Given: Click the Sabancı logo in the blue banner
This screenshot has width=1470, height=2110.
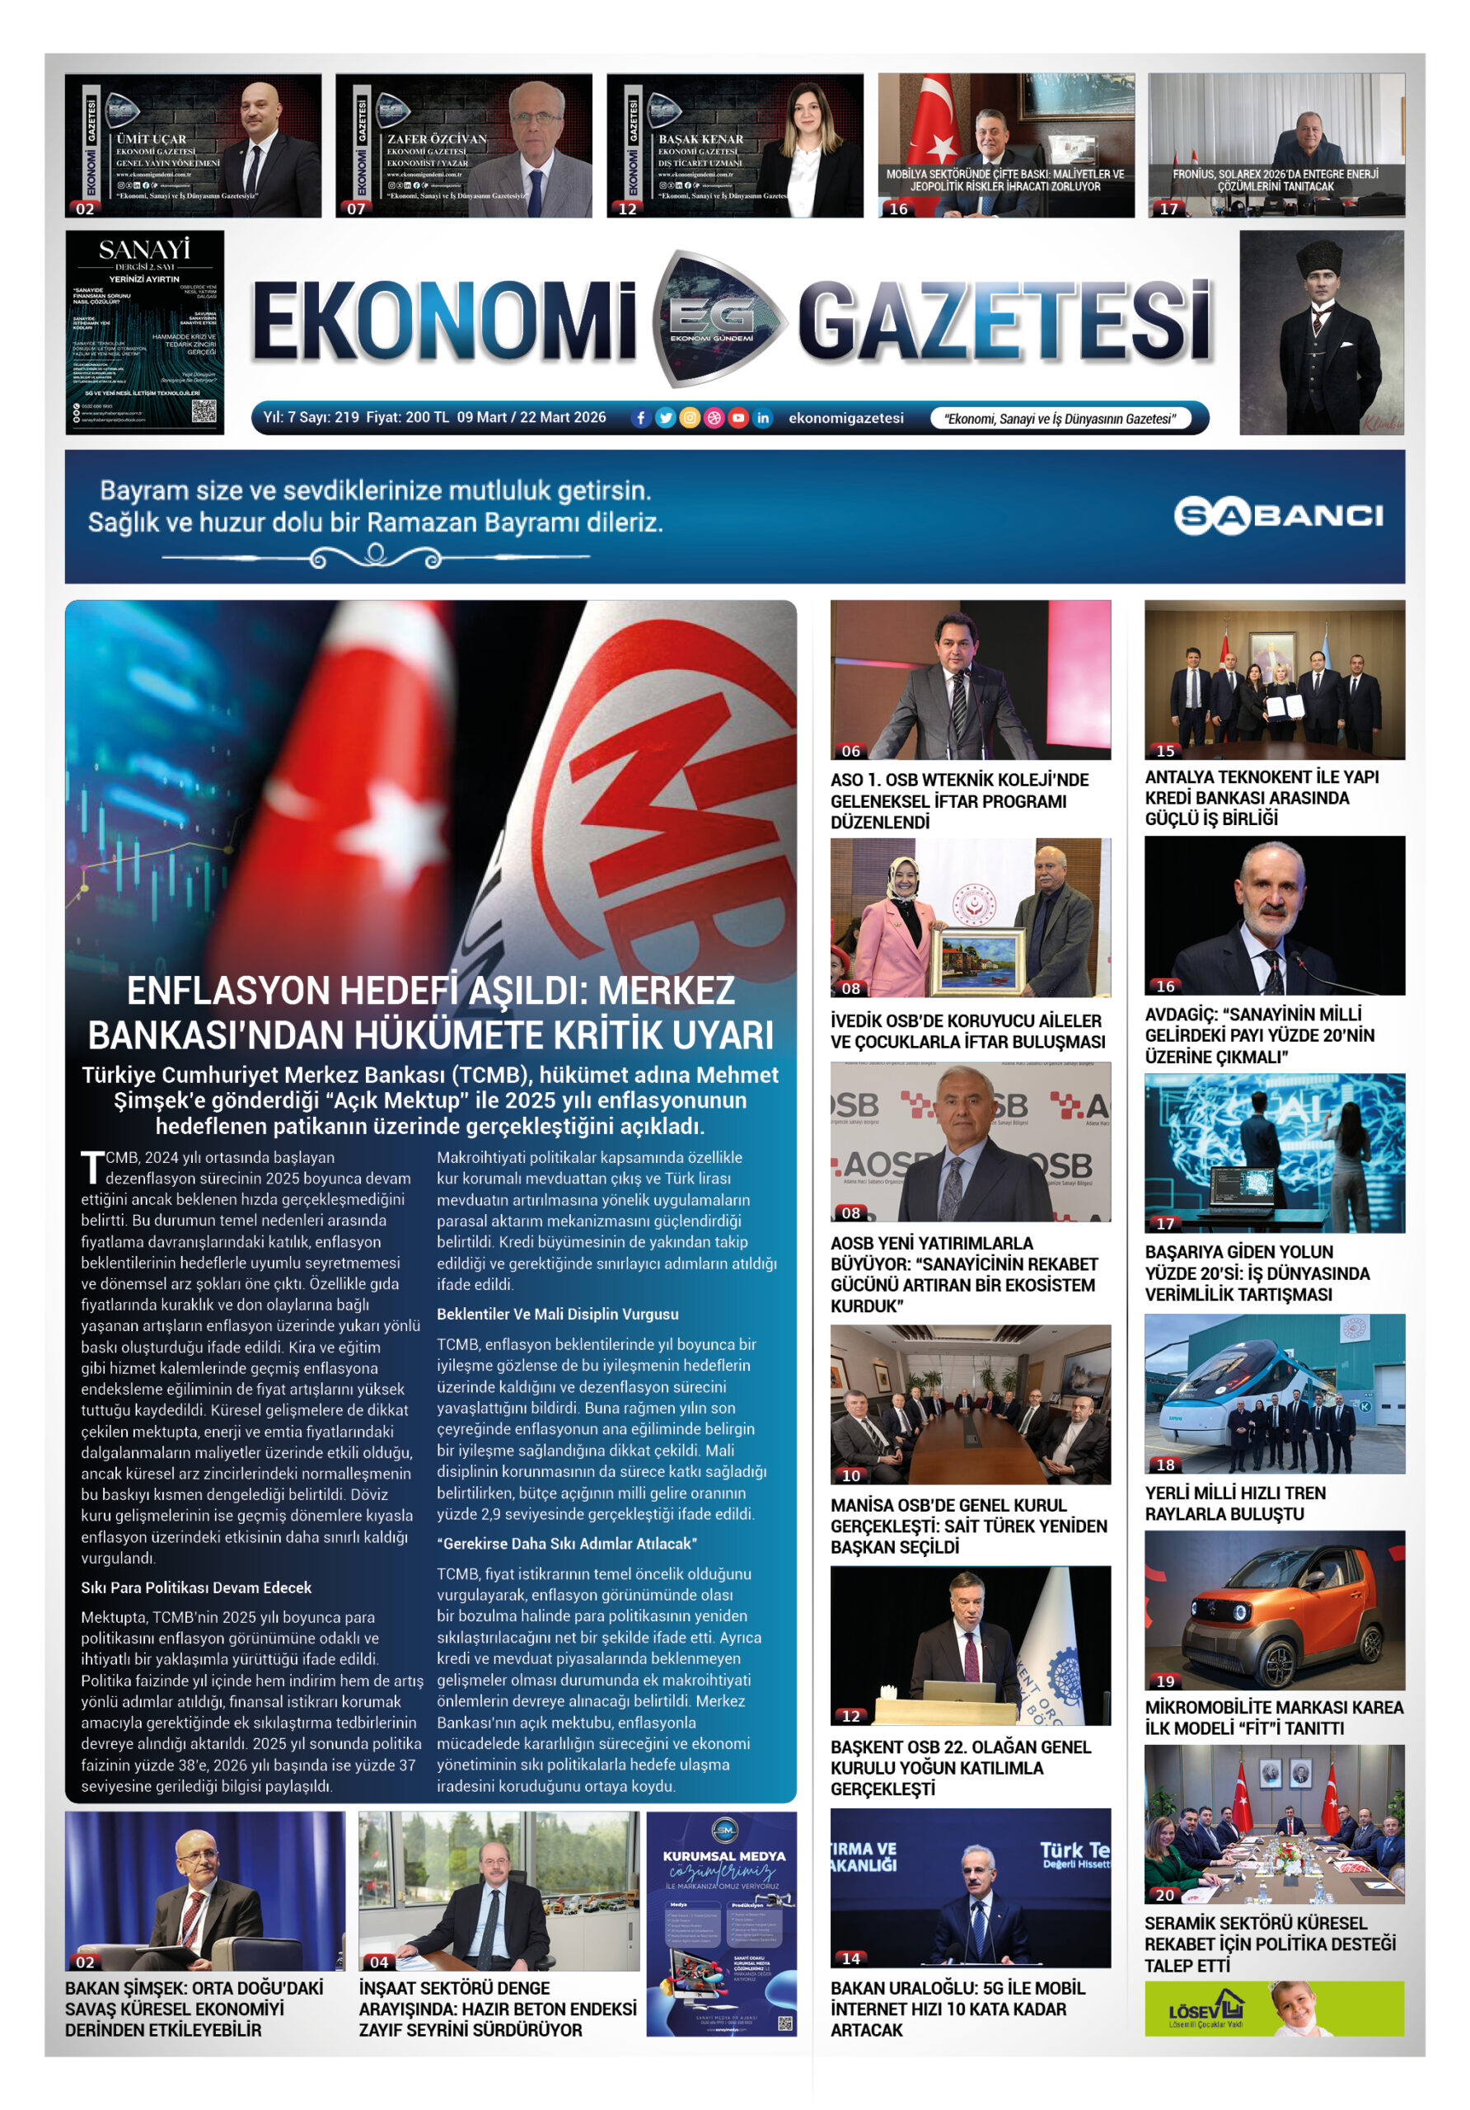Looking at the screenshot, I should tap(1278, 516).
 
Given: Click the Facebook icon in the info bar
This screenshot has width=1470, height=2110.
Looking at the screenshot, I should tap(641, 418).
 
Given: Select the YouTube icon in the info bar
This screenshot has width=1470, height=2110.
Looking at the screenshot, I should tap(737, 418).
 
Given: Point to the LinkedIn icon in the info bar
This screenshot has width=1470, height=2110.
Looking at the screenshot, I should tap(762, 418).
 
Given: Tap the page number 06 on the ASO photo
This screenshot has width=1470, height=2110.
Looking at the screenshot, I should tap(850, 751).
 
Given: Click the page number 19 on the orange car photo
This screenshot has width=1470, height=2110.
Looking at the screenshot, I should tap(1165, 1681).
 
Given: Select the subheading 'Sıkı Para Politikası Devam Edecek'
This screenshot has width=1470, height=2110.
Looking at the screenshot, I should tap(195, 1587).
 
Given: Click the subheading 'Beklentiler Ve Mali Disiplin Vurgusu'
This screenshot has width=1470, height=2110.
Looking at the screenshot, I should tap(557, 1314).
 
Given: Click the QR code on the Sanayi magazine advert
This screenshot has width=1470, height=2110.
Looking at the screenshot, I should tap(203, 410).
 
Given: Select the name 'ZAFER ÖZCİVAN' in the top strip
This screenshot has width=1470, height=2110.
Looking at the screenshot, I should tap(437, 138).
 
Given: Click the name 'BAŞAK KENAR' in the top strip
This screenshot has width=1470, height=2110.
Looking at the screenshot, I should tap(701, 138).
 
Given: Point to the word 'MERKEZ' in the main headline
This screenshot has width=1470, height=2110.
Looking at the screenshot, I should tap(666, 991).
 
